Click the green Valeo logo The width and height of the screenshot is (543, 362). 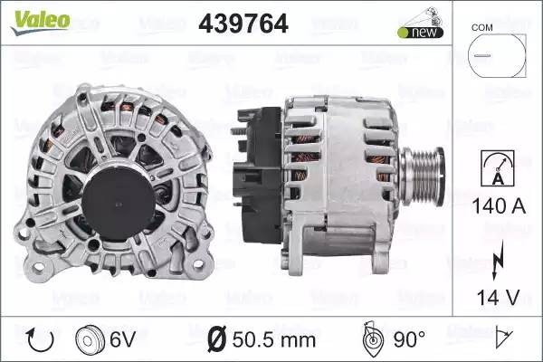pyautogui.click(x=40, y=22)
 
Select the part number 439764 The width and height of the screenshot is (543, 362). pyautogui.click(x=243, y=24)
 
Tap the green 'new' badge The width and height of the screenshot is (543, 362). pyautogui.click(x=421, y=33)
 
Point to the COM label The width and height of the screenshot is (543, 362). pyautogui.click(x=481, y=27)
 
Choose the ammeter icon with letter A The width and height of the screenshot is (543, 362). pyautogui.click(x=498, y=168)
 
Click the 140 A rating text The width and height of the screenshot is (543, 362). pyautogui.click(x=499, y=206)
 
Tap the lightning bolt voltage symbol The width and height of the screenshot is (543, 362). pyautogui.click(x=498, y=260)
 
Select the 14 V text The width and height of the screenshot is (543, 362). pyautogui.click(x=498, y=298)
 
